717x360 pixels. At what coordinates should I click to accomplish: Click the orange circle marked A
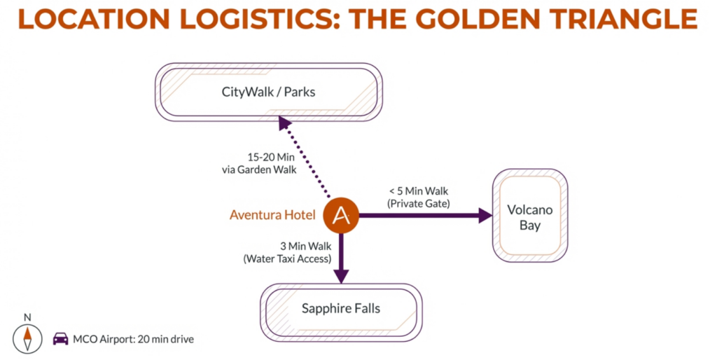pyautogui.click(x=341, y=215)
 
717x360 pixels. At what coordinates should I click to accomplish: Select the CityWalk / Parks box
pyautogui.click(x=268, y=92)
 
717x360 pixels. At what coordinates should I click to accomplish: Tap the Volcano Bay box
pyautogui.click(x=530, y=216)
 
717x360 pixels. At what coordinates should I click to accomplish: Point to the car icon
pyautogui.click(x=61, y=339)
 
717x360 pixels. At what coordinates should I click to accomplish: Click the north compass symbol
pyautogui.click(x=27, y=338)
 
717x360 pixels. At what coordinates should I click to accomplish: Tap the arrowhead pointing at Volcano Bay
pyautogui.click(x=485, y=215)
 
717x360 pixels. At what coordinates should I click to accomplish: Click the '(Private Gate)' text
pyautogui.click(x=418, y=203)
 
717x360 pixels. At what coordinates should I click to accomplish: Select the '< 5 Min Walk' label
pyautogui.click(x=419, y=191)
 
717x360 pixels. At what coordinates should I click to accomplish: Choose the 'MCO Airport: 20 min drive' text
pyautogui.click(x=133, y=340)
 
